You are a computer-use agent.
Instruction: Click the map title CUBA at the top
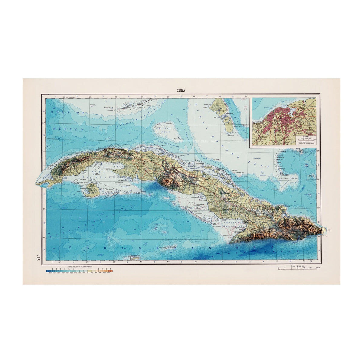(x=181, y=90)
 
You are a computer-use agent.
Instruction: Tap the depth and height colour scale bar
(x=79, y=272)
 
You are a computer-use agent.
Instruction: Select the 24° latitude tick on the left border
(x=44, y=123)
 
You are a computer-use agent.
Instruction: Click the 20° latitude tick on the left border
(x=44, y=237)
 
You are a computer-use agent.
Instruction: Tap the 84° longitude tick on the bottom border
(x=60, y=262)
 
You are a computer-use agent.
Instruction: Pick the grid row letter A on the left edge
(x=44, y=111)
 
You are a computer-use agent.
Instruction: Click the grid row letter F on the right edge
(x=319, y=250)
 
